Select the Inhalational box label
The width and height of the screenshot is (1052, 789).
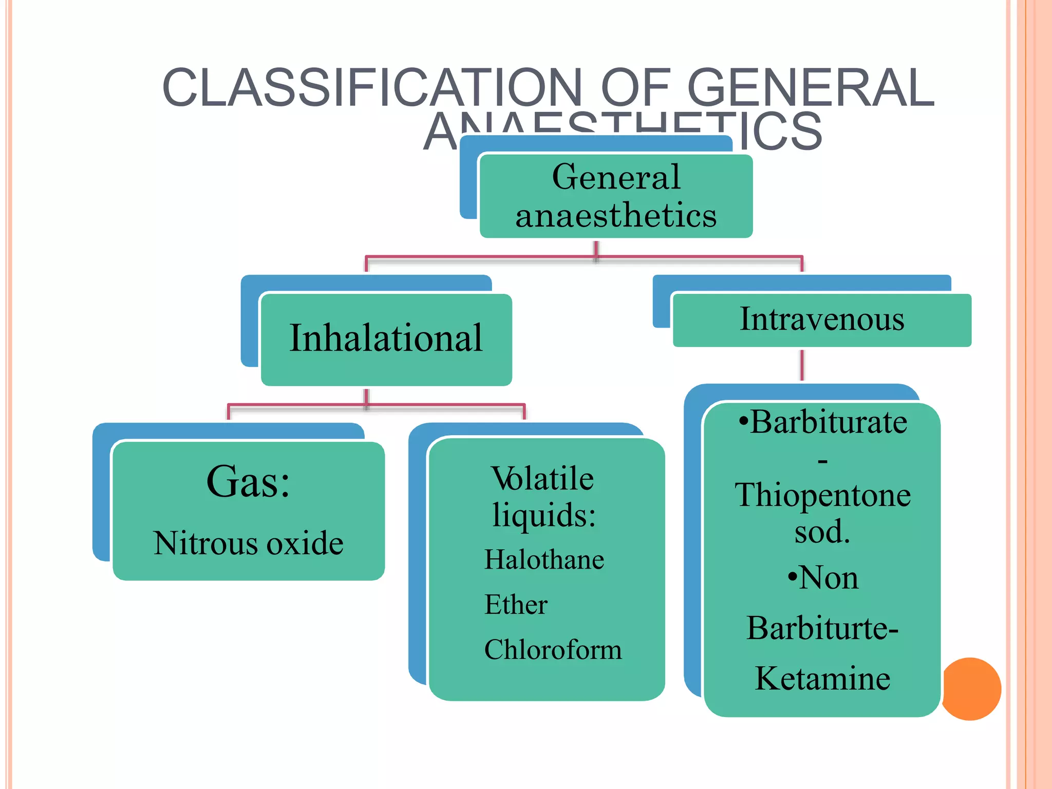(386, 339)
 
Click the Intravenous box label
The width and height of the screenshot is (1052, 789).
(822, 319)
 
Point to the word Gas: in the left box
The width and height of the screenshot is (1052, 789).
(248, 482)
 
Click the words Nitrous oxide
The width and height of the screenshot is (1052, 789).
(248, 543)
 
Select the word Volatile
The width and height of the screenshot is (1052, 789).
(543, 478)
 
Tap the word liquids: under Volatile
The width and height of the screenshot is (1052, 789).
(544, 515)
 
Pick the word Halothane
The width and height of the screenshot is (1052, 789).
(544, 559)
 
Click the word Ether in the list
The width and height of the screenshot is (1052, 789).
(516, 605)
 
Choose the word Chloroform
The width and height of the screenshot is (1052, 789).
(553, 650)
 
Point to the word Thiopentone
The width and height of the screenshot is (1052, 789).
(822, 495)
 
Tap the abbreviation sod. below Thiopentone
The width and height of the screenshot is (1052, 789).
(822, 532)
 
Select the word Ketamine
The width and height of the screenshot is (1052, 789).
(822, 679)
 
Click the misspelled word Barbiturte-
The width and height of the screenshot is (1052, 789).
(822, 628)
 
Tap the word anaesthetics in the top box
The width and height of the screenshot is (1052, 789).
(616, 215)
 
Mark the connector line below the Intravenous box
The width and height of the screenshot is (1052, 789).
(802, 365)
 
